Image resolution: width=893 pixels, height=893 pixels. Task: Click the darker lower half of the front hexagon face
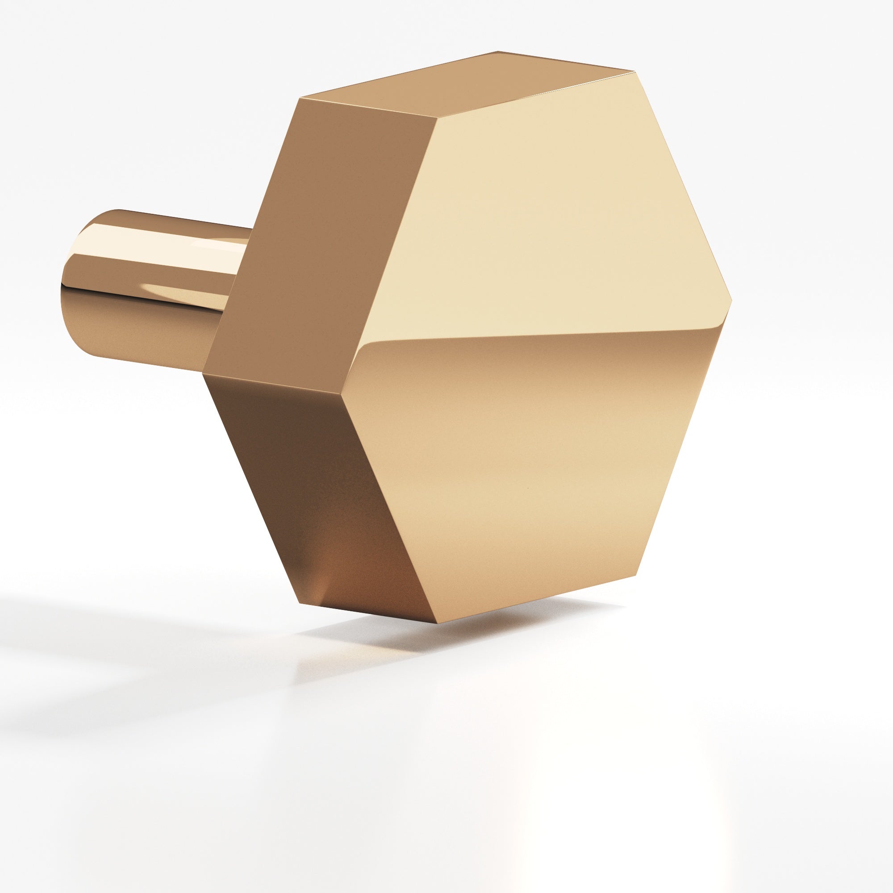click(531, 462)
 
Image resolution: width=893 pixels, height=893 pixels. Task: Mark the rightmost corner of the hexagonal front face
click(731, 299)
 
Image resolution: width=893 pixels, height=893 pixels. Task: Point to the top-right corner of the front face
click(632, 71)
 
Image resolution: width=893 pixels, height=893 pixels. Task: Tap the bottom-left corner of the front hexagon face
click(434, 623)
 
